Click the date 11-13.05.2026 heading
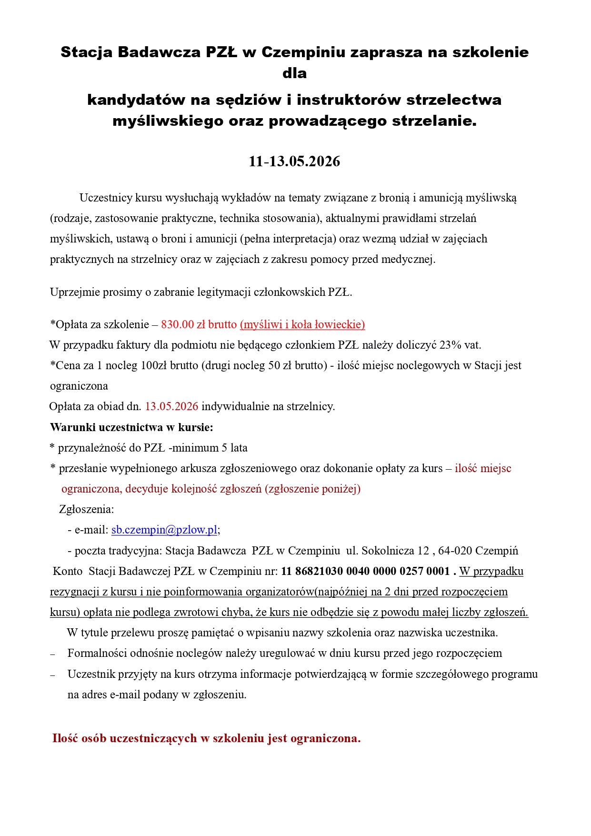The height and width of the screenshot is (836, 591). coord(294,161)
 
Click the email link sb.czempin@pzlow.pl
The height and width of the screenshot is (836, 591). coord(164,530)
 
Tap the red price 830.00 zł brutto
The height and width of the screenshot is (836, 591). coord(199,325)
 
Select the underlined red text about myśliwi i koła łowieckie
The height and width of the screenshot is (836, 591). coord(302,325)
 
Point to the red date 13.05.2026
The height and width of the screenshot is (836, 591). coord(171,407)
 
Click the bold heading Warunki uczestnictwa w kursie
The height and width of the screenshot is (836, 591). coord(131,427)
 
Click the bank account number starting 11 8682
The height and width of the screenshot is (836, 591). coord(365,571)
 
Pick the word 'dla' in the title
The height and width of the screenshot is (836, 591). coord(294,73)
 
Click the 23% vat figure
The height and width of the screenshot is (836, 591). coord(460,345)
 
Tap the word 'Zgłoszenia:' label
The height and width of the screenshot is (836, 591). coord(87,510)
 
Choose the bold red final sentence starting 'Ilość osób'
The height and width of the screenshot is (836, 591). coord(206,738)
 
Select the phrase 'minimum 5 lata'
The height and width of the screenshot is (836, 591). coord(210,448)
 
